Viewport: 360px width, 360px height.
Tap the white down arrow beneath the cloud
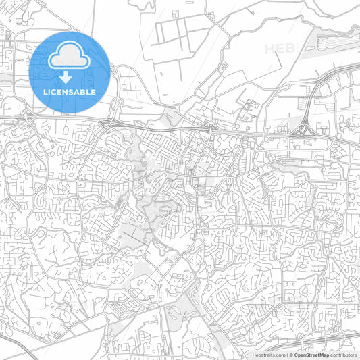point(70,77)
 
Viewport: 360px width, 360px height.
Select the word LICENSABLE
point(70,91)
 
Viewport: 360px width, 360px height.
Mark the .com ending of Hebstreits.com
point(279,355)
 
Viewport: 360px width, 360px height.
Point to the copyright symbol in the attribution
point(290,355)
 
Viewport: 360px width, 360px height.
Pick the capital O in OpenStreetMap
point(296,355)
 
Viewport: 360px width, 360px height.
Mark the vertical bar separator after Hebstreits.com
point(286,355)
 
